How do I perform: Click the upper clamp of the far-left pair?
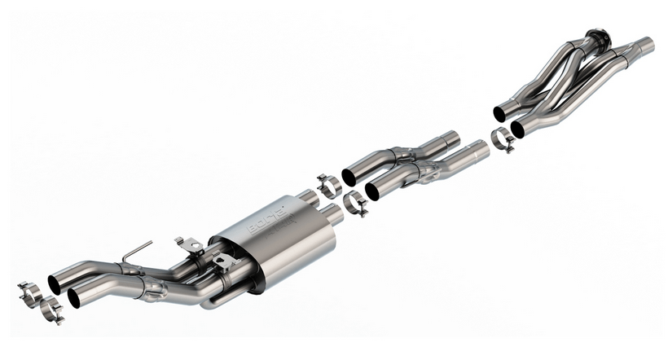click(30, 291)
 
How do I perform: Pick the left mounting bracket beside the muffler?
click(188, 244)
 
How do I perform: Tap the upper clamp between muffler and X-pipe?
click(328, 185)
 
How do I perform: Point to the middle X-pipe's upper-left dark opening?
click(349, 177)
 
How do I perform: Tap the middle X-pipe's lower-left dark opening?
click(373, 191)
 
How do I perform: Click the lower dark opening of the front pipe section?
click(518, 129)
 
